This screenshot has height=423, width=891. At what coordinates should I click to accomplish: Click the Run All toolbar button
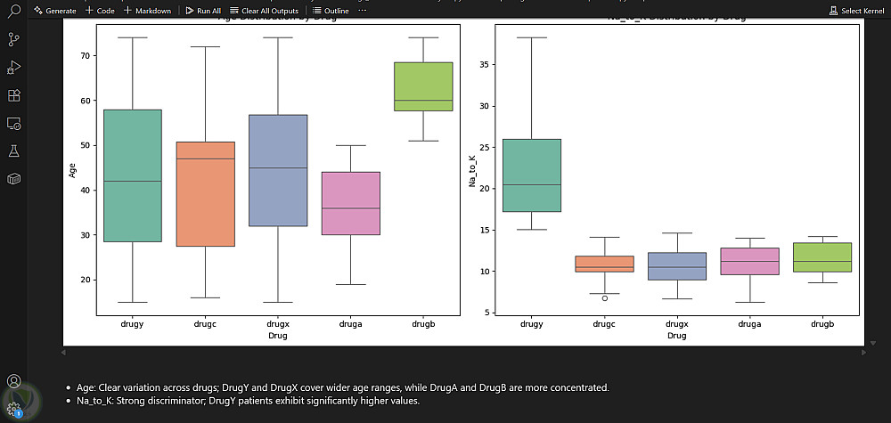tap(202, 11)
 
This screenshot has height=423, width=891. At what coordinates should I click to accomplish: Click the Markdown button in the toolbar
tap(147, 11)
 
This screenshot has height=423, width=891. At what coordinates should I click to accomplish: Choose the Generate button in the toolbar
tap(55, 11)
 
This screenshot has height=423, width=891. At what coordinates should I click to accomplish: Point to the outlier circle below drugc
tap(605, 298)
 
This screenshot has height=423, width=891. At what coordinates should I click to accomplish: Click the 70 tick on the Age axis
tap(86, 55)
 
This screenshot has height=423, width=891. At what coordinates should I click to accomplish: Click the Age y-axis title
tap(71, 169)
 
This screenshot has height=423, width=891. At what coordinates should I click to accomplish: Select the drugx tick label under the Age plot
tap(278, 324)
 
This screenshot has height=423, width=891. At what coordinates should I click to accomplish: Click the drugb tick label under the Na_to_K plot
tap(822, 324)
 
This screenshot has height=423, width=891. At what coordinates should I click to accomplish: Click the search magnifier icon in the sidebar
tap(14, 12)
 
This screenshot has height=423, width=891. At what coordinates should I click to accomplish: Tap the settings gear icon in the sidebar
tap(14, 409)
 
